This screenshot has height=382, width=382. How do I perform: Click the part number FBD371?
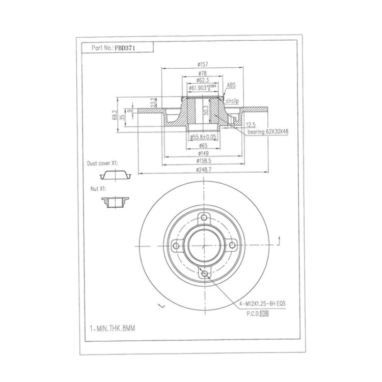[x=123, y=47]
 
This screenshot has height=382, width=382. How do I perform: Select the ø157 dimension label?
[x=203, y=65]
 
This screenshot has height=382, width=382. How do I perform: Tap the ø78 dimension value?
[x=203, y=73]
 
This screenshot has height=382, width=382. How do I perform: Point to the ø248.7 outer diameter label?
[x=203, y=170]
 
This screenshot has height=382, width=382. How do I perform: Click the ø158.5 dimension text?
[x=203, y=161]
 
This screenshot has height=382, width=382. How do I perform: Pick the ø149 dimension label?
[x=203, y=153]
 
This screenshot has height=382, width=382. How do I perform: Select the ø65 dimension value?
[x=203, y=146]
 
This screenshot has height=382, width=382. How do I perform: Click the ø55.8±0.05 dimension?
[x=203, y=137]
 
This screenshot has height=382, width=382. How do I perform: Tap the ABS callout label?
[x=231, y=85]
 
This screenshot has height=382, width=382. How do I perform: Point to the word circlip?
[x=232, y=101]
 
